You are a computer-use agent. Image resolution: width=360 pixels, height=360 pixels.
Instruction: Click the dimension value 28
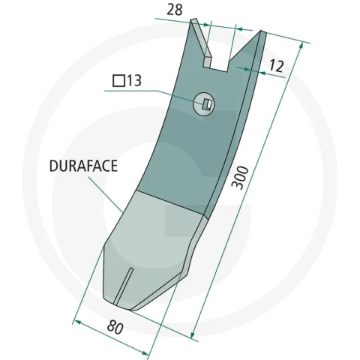pyautogui.click(x=175, y=10)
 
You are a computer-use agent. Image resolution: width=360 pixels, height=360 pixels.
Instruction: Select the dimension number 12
pyautogui.click(x=277, y=66)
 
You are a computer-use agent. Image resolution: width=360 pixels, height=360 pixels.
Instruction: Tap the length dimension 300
pyautogui.click(x=240, y=178)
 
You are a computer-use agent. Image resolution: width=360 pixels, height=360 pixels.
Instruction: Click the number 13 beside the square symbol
pyautogui.click(x=134, y=80)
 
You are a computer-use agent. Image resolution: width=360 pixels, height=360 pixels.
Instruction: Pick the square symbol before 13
pyautogui.click(x=118, y=81)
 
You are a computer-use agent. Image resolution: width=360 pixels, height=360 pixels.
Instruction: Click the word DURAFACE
pyautogui.click(x=83, y=166)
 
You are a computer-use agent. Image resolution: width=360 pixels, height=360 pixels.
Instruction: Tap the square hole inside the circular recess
pyautogui.click(x=207, y=104)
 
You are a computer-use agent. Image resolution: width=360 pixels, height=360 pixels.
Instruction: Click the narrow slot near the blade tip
pyautogui.click(x=123, y=286)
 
